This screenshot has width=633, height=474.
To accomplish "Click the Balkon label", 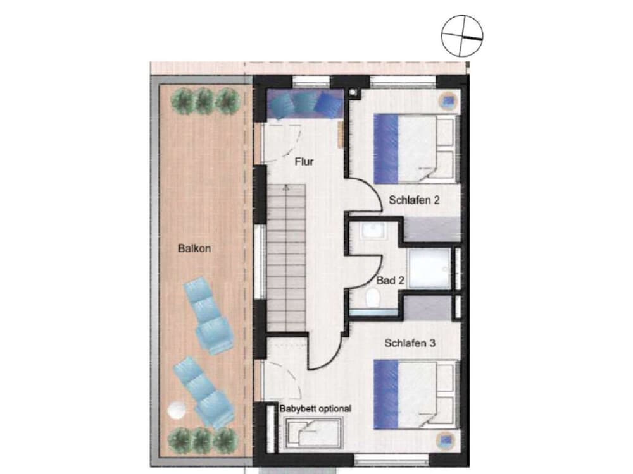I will pos(194,249).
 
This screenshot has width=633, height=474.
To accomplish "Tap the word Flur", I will pos(304,162).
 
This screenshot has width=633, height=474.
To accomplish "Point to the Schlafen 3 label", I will pos(411,343).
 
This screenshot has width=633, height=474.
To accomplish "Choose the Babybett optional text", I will pos(315,409).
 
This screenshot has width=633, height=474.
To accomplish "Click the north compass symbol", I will pos(462,33).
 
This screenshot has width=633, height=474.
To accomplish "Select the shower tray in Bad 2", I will pos(429,268).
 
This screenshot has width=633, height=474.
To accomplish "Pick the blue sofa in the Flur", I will pos(306,104).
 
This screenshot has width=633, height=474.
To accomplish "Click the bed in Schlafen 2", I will pos(415,147).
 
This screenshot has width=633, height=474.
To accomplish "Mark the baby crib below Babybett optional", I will pos(313,434).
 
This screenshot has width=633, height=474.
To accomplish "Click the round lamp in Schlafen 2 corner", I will pos(449,99).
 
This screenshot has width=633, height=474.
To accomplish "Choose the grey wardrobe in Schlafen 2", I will pos(432,229).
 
